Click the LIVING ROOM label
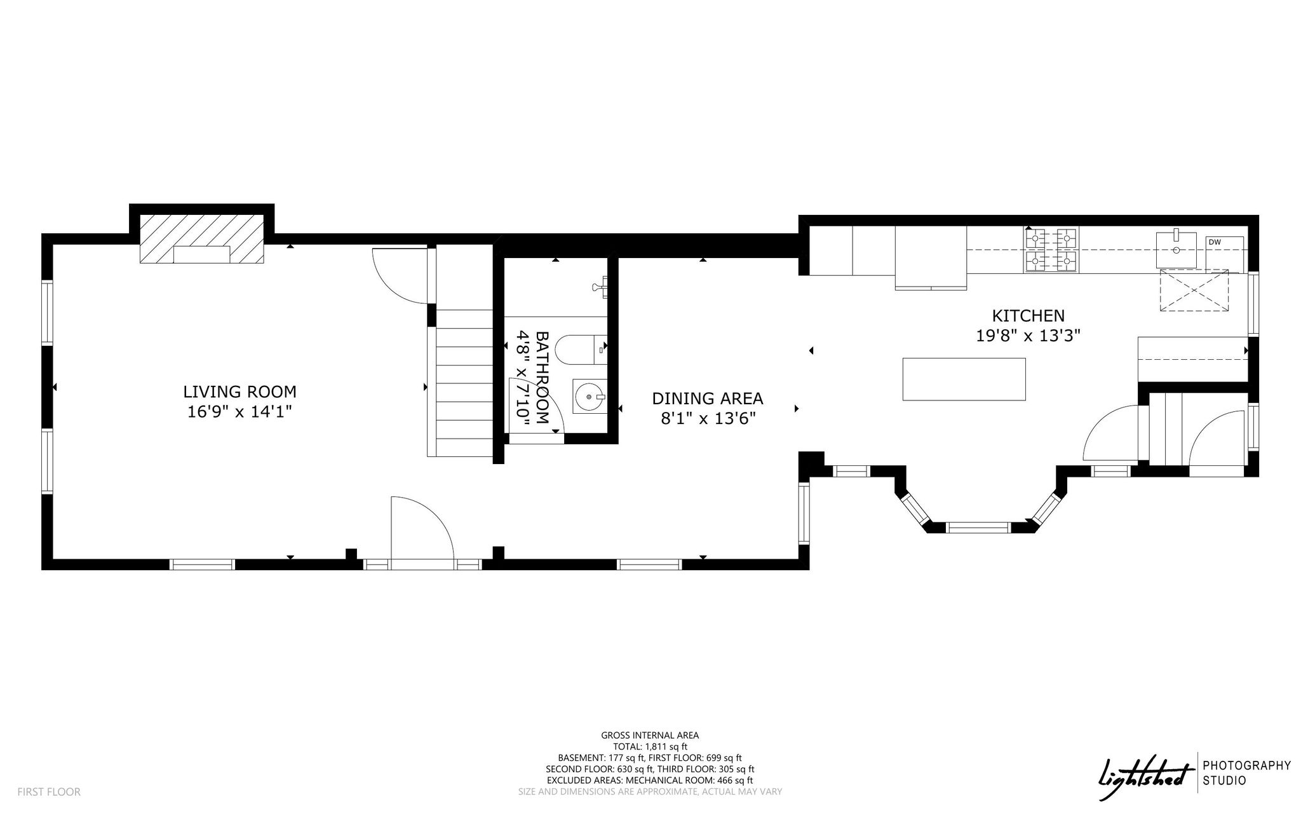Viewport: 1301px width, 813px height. [x=239, y=392]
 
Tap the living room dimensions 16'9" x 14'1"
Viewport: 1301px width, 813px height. [x=239, y=412]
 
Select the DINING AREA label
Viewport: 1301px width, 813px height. [x=708, y=399]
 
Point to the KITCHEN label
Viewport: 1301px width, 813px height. [x=1028, y=315]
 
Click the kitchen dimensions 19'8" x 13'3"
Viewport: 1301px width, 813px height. [x=1028, y=336]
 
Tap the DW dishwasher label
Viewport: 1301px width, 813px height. [x=1214, y=242]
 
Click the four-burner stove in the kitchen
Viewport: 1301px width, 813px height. [x=1051, y=250]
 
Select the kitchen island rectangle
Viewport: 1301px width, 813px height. [x=964, y=379]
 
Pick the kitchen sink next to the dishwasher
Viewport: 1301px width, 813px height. [x=1176, y=249]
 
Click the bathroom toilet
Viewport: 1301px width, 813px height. [x=580, y=348]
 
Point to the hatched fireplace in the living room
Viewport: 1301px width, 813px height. [x=202, y=238]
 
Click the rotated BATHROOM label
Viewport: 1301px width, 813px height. [x=542, y=378]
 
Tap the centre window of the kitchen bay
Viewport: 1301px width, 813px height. [x=978, y=527]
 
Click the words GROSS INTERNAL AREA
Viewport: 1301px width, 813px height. [x=650, y=735]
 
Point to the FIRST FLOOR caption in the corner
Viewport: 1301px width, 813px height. [x=49, y=792]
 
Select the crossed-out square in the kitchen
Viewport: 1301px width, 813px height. [x=1194, y=290]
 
